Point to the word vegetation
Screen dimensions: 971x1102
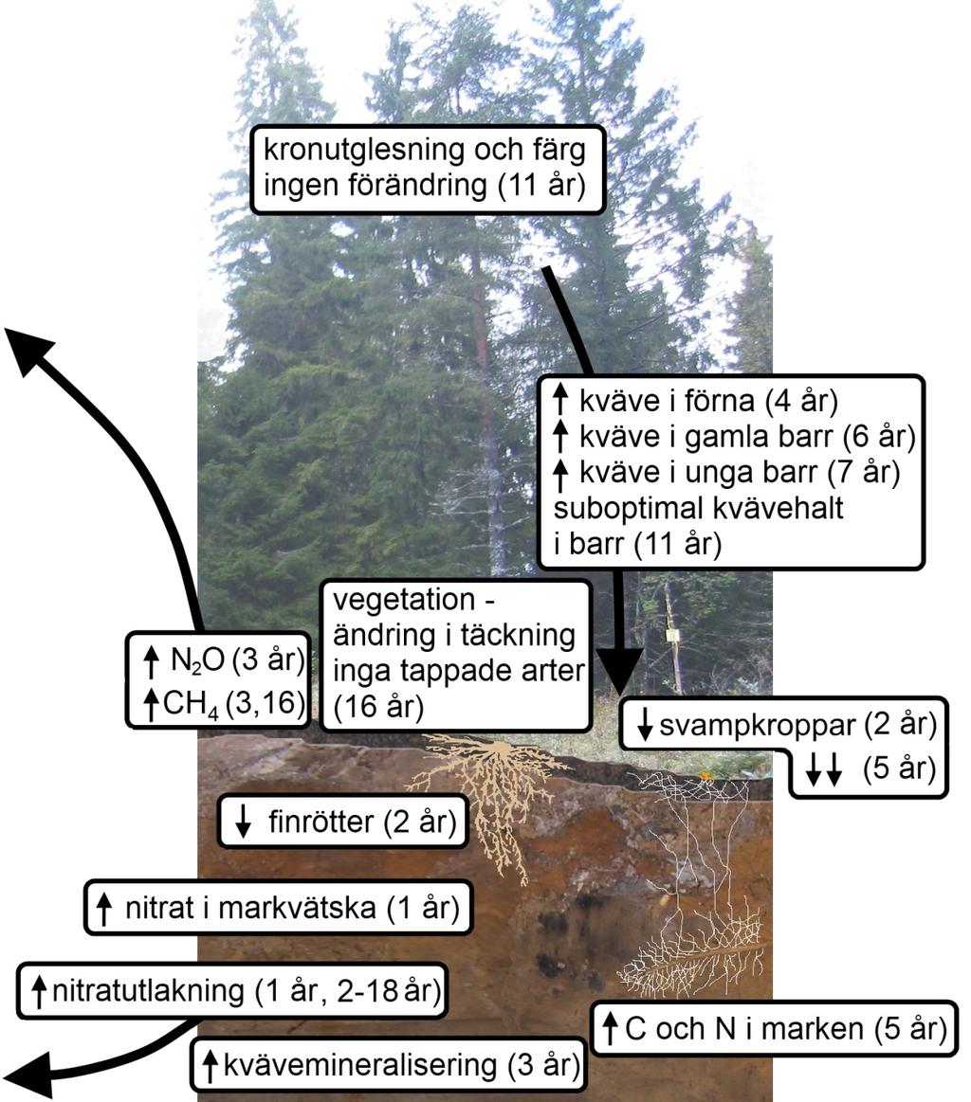click(404, 600)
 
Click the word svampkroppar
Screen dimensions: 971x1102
click(757, 725)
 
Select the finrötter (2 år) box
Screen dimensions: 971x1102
click(342, 821)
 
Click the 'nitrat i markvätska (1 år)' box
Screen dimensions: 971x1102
click(278, 908)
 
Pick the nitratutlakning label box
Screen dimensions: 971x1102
click(232, 991)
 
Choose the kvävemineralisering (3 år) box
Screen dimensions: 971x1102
click(388, 1065)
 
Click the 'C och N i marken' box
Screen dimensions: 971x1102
click(774, 1028)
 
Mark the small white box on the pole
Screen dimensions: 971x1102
click(673, 636)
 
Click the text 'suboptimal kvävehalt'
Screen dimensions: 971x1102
click(698, 508)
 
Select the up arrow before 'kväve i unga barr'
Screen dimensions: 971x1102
click(560, 472)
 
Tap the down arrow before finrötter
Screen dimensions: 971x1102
click(244, 821)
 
